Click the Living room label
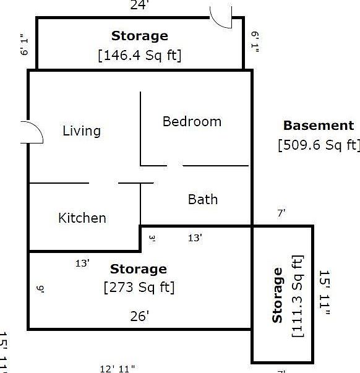82,131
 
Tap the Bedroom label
192,121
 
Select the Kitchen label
82,218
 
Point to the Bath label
203,199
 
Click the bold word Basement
319,126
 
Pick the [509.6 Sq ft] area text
319,145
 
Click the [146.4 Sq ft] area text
140,54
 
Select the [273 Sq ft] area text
139,288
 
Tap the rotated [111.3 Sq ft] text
298,296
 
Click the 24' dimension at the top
140,6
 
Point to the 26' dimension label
140,316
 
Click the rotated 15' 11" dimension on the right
324,293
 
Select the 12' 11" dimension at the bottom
117,369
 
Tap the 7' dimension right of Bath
281,213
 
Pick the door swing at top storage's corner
221,17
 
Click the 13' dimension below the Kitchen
82,263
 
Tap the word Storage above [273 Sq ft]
139,269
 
